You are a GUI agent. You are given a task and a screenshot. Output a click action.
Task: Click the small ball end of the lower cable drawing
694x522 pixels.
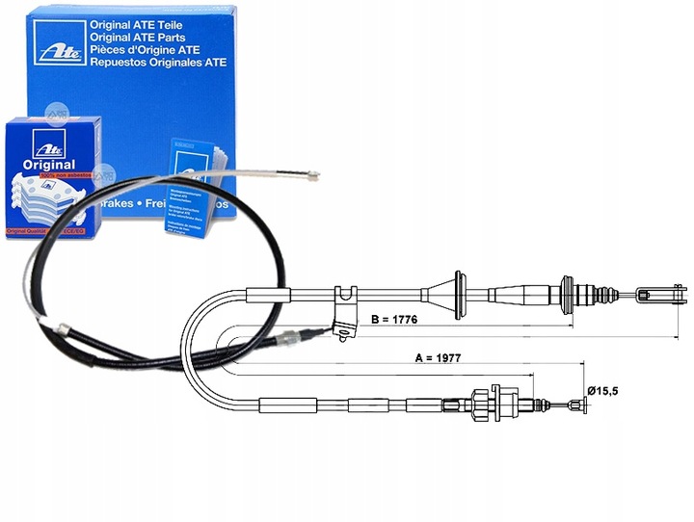(x=581, y=406)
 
